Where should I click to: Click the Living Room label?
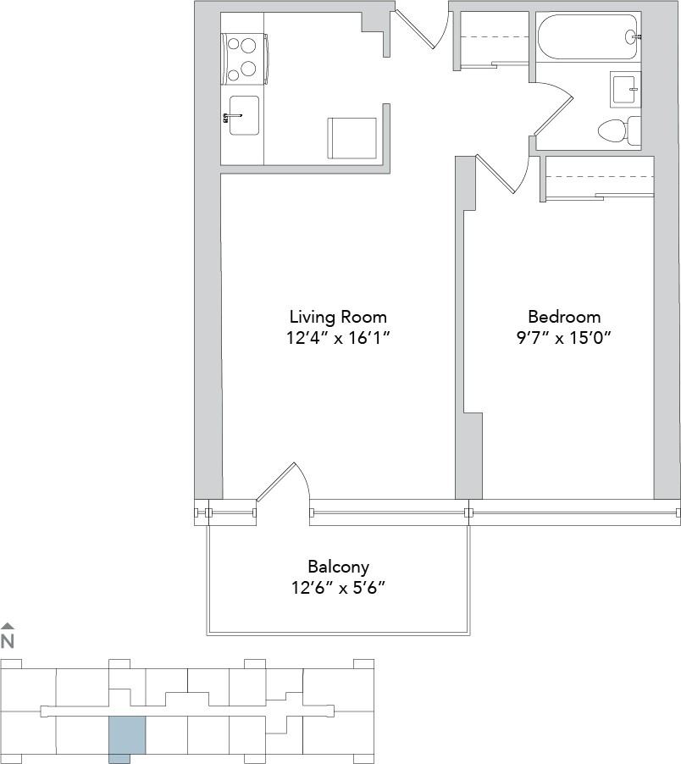338,317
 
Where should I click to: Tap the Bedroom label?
563,317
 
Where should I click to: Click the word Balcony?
338,567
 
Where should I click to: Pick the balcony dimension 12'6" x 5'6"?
338,588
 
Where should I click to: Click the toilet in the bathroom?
612,130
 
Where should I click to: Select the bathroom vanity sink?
625,89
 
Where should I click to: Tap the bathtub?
588,37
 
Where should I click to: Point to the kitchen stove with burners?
244,58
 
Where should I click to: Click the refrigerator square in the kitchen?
352,137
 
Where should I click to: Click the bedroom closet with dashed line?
600,178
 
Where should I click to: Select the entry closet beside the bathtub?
490,37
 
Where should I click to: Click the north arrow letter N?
8,640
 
